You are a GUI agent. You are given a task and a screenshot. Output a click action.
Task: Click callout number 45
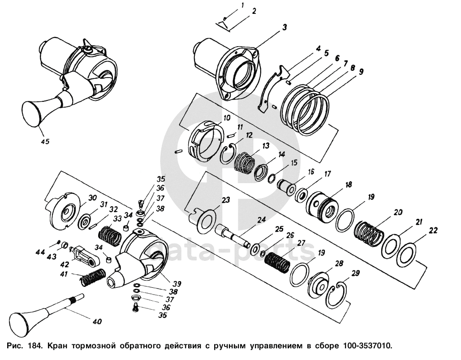coord(45,141)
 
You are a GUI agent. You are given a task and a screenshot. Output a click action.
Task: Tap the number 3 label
coord(284,27)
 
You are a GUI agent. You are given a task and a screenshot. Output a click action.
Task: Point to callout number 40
coord(97,321)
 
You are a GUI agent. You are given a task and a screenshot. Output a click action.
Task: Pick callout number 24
coord(261,220)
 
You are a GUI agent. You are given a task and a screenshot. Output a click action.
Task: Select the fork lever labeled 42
coord(84,255)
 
